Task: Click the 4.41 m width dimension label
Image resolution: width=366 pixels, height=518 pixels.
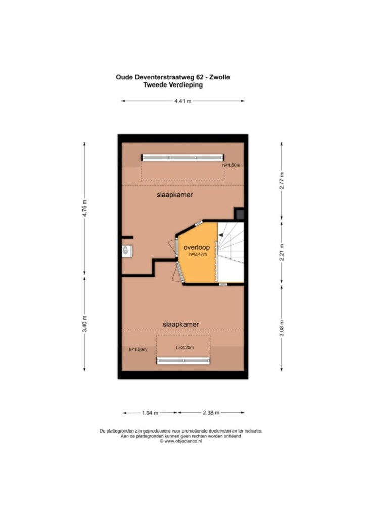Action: click(183, 101)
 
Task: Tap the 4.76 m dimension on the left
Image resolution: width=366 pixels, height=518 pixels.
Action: click(85, 209)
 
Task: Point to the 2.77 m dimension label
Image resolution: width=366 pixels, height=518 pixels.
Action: click(282, 181)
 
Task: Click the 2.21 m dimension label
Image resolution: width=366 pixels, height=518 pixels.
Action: click(282, 252)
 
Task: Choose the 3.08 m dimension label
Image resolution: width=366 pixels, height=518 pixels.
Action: click(282, 328)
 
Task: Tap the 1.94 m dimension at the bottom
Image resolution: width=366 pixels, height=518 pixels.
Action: click(150, 413)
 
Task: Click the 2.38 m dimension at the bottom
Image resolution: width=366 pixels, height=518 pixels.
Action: click(211, 413)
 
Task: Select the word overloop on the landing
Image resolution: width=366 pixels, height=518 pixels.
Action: click(197, 247)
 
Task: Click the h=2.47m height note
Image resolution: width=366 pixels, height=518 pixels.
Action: click(198, 255)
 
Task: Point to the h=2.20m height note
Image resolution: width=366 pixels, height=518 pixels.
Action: click(185, 347)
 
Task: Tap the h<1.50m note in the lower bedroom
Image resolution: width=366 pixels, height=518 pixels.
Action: click(138, 349)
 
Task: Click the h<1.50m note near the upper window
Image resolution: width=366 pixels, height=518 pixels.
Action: click(232, 165)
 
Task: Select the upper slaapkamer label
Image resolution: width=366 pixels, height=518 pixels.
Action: click(174, 195)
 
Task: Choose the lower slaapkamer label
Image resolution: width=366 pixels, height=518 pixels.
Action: click(181, 325)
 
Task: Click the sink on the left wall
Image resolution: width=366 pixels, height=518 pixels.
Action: click(127, 251)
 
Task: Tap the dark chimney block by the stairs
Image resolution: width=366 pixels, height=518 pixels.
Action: click(239, 214)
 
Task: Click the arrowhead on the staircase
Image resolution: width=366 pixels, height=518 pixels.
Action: click(220, 235)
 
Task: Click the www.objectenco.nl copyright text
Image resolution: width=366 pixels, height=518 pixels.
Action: click(181, 441)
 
